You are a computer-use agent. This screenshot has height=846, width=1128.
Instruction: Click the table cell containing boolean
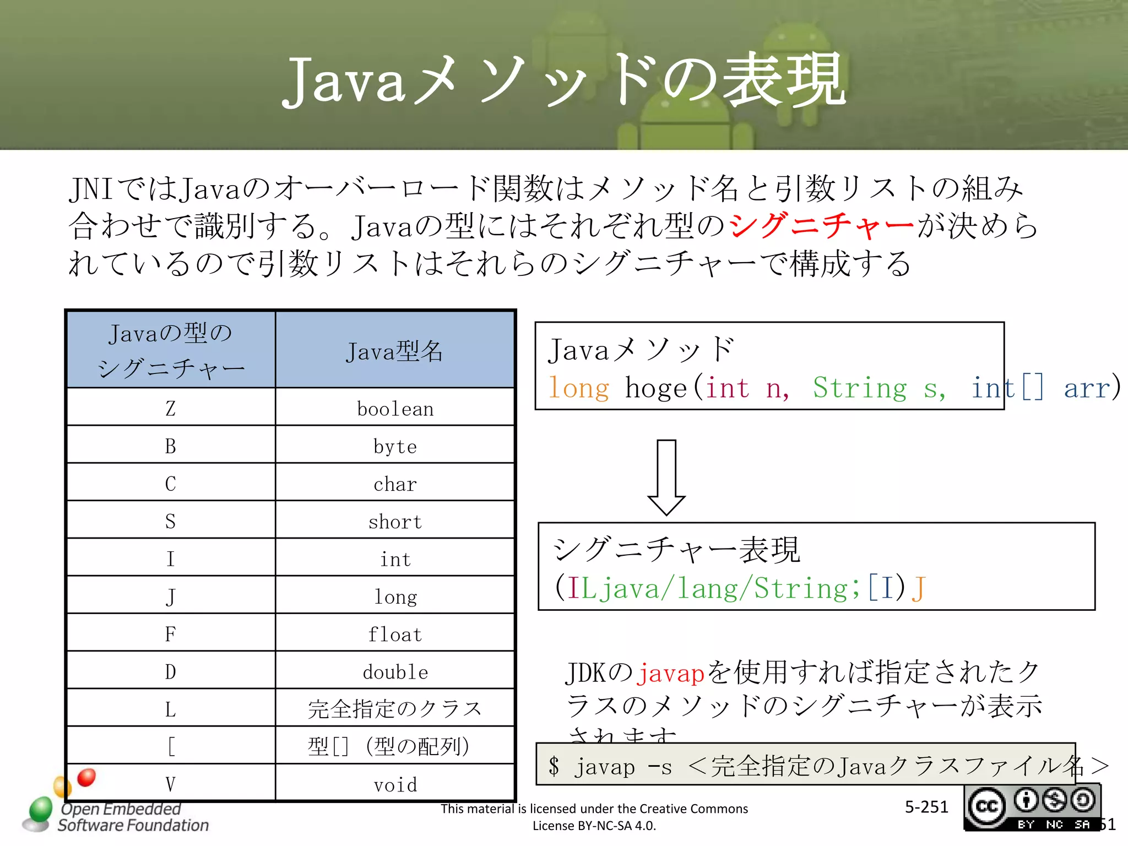395,409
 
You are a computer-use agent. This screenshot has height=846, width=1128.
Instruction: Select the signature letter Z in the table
171,408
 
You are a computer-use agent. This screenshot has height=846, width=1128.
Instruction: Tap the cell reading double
395,672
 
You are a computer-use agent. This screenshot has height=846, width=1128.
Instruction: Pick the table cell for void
395,784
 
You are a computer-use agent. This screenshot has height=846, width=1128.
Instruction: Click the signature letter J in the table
171,596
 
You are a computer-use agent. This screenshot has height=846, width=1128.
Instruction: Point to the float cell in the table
395,634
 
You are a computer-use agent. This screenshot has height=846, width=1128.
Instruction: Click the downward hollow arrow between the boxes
666,477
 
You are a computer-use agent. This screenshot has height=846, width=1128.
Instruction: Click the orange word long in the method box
579,388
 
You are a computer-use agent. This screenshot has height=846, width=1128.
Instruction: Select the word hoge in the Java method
656,388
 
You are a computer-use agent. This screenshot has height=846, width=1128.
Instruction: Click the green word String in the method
860,388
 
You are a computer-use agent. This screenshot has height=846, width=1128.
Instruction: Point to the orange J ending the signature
918,588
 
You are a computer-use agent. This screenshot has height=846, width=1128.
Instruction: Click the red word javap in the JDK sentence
670,673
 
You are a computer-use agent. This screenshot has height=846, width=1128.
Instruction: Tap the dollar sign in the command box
554,766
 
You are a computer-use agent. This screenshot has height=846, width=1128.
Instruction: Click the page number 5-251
926,807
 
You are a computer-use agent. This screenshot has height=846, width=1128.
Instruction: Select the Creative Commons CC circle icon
987,806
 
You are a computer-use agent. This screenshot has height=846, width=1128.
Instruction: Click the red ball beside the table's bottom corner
86,777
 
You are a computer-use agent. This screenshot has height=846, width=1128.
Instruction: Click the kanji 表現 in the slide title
784,82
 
